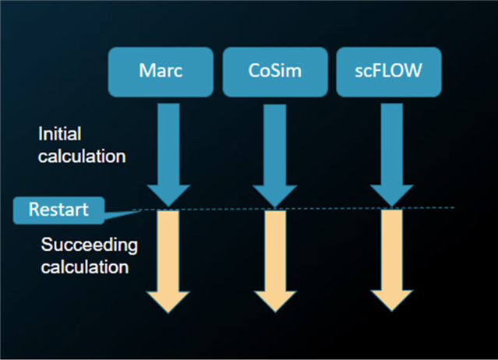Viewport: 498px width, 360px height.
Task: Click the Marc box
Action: (x=161, y=72)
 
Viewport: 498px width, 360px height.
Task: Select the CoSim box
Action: (x=275, y=72)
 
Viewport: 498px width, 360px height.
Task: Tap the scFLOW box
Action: (x=389, y=72)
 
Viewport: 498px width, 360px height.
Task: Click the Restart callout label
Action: (x=58, y=210)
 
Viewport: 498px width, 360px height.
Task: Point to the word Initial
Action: (x=60, y=134)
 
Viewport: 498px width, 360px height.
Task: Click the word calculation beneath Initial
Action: (x=82, y=157)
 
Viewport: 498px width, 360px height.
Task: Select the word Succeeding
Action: (x=90, y=245)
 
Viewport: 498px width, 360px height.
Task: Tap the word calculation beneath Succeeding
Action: (x=85, y=267)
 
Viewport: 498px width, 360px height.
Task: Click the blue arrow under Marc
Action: (x=168, y=155)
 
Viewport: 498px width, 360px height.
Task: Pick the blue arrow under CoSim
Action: (x=275, y=156)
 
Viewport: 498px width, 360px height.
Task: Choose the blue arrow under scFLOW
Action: (x=391, y=155)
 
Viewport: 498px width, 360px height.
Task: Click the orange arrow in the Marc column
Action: (x=168, y=263)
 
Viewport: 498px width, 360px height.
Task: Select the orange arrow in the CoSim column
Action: (x=275, y=262)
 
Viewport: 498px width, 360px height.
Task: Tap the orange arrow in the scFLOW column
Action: (x=391, y=260)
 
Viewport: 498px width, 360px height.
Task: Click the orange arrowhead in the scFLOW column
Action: (x=391, y=300)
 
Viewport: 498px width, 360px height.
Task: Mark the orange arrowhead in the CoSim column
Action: (x=275, y=301)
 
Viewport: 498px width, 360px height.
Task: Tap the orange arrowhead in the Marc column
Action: (x=168, y=302)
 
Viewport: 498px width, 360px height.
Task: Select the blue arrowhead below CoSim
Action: (x=275, y=196)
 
